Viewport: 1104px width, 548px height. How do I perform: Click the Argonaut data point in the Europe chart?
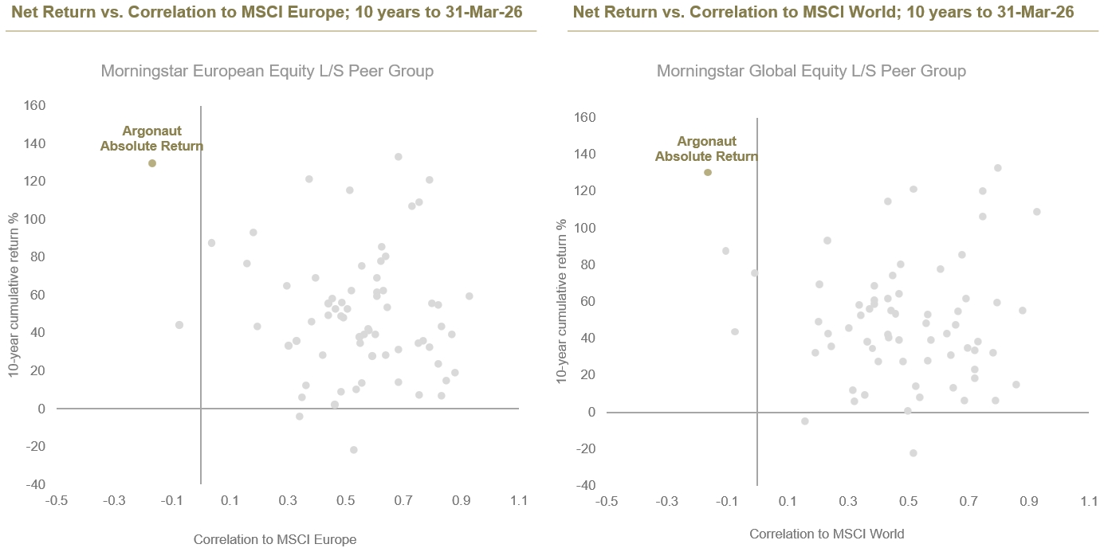pos(152,163)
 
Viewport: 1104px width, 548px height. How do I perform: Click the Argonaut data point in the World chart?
pos(707,172)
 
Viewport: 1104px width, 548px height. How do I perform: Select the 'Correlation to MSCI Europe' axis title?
pos(274,539)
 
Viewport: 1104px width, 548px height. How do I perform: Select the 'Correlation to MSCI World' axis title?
pos(827,534)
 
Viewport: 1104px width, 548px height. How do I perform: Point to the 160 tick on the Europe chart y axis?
pos(34,105)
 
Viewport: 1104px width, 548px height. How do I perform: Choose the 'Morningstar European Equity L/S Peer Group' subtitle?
pos(267,71)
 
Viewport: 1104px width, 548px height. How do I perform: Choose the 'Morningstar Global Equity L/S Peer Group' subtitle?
pos(811,71)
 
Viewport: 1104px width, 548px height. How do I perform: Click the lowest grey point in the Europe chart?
pos(353,450)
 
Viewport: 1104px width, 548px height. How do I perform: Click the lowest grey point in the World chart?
pos(913,453)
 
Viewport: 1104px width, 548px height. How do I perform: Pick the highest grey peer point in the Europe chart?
pos(398,157)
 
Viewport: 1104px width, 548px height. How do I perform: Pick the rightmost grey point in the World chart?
pos(1036,212)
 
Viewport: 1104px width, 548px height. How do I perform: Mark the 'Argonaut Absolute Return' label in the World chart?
pos(706,149)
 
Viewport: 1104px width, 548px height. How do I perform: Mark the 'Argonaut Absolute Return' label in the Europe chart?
pos(151,139)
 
